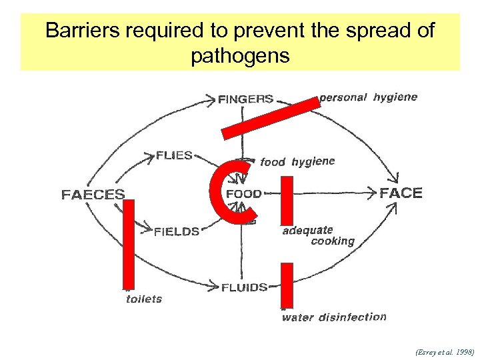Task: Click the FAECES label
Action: tap(93, 195)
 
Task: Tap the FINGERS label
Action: tap(245, 99)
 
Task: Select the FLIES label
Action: tap(174, 155)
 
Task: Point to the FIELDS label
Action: tap(177, 232)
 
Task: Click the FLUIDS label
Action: tap(245, 287)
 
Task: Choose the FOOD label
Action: tap(244, 194)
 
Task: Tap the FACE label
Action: tap(401, 193)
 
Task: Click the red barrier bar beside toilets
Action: tap(129, 245)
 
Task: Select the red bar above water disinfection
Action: tap(286, 285)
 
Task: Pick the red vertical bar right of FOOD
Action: tap(287, 199)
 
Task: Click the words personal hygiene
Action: tap(369, 97)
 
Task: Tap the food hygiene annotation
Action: tap(297, 161)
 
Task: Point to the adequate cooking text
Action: tap(319, 236)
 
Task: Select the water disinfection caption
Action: tap(334, 317)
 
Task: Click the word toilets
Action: tap(144, 299)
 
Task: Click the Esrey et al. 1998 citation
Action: tap(444, 350)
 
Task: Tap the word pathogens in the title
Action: tap(240, 55)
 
